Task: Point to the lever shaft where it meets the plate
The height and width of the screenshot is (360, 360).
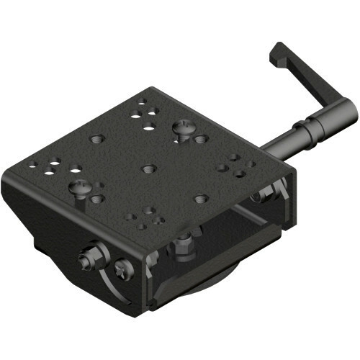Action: point(268,147)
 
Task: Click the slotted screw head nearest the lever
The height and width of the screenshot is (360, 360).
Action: point(184,129)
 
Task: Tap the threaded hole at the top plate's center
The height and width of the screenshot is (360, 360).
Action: point(149,168)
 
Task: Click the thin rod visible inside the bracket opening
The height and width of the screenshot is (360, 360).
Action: point(245,212)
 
